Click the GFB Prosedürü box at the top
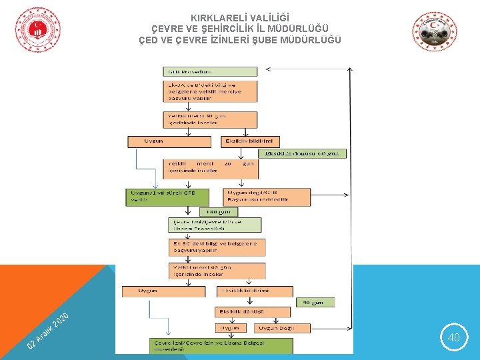point(210,71)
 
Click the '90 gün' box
point(315,302)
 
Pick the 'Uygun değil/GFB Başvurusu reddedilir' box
point(267,197)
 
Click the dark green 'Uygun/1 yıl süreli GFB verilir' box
point(167,197)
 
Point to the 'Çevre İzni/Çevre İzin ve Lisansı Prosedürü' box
point(215,225)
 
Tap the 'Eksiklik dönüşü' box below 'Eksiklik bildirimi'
point(252,311)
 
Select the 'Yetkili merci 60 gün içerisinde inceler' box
point(217,270)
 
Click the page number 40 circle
point(453,338)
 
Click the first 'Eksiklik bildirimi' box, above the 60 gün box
point(250,141)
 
